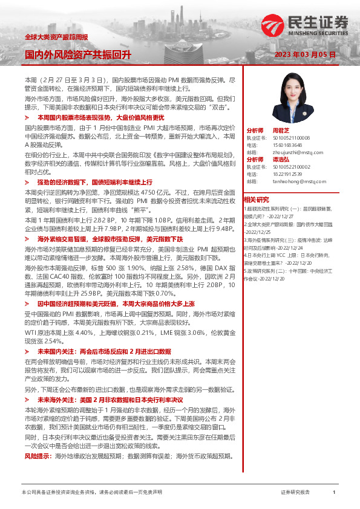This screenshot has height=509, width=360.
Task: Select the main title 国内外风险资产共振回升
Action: tap(78, 54)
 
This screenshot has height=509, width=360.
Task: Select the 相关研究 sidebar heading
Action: tap(256, 199)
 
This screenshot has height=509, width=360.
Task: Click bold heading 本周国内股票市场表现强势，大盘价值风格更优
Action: tap(100, 117)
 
